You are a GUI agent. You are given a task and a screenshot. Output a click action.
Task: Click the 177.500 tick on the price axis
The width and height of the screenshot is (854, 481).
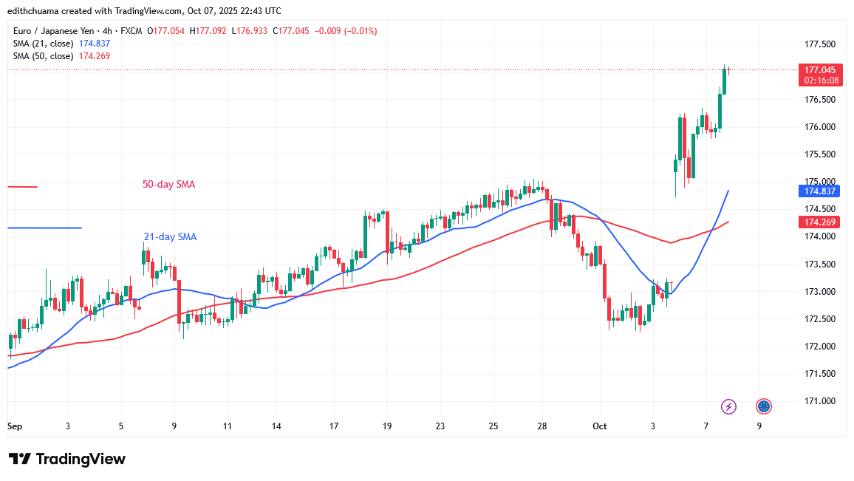[x=819, y=44]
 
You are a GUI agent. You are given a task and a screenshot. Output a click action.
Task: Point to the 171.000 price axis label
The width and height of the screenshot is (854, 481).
[x=819, y=401]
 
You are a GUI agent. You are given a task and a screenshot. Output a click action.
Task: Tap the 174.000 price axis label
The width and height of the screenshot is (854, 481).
[x=819, y=236]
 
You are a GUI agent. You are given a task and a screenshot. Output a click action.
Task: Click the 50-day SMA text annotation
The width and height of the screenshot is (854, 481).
[x=169, y=184]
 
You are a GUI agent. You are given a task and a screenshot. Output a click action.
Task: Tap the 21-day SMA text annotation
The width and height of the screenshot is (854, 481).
[x=170, y=236]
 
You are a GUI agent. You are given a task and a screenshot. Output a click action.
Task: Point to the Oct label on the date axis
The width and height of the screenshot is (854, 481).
[x=599, y=426]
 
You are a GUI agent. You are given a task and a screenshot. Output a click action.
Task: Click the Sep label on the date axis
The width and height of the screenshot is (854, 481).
[x=14, y=426]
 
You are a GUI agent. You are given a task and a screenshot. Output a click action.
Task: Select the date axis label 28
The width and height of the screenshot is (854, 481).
[x=542, y=426]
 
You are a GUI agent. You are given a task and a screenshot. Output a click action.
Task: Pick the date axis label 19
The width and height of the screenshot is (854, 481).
[x=387, y=426]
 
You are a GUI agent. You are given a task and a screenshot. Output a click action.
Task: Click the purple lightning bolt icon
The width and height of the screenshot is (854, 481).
[x=729, y=406]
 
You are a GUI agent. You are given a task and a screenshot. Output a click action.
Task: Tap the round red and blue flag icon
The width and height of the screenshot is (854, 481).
[x=764, y=406]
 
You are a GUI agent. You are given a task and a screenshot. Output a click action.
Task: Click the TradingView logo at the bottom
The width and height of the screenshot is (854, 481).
[x=66, y=459]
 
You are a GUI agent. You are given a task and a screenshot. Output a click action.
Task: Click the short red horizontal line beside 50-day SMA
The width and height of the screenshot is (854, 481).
[x=22, y=187]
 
